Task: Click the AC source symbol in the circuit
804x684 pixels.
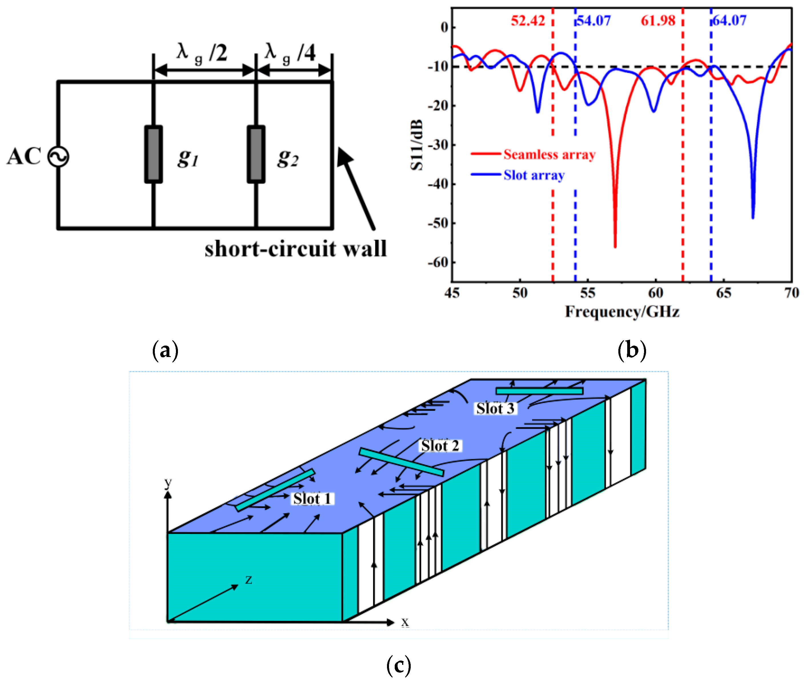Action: click(x=58, y=157)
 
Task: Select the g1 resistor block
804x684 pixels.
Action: click(x=153, y=154)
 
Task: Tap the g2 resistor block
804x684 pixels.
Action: click(x=256, y=154)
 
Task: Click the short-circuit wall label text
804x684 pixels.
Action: click(x=295, y=249)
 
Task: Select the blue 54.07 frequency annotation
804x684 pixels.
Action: click(x=594, y=21)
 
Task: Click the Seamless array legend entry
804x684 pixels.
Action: click(x=549, y=154)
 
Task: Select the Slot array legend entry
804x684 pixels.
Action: click(x=534, y=175)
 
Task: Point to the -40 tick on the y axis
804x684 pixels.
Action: click(x=438, y=184)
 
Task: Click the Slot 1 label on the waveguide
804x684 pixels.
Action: click(x=312, y=499)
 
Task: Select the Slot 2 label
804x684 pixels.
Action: click(x=440, y=446)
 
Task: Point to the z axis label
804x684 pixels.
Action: click(x=248, y=580)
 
